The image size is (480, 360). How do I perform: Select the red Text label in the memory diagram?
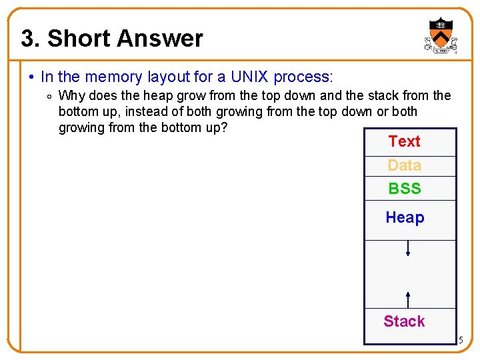[404, 141]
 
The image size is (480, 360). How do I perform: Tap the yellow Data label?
[404, 165]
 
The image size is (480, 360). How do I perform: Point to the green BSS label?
[405, 189]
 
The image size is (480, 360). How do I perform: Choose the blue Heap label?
[405, 217]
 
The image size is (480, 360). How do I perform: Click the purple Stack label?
[404, 321]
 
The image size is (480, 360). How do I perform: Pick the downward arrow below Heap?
[408, 249]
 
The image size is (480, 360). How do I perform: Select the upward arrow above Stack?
[408, 299]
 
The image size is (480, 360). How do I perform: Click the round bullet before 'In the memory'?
[33, 78]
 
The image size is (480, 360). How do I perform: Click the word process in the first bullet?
[302, 77]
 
